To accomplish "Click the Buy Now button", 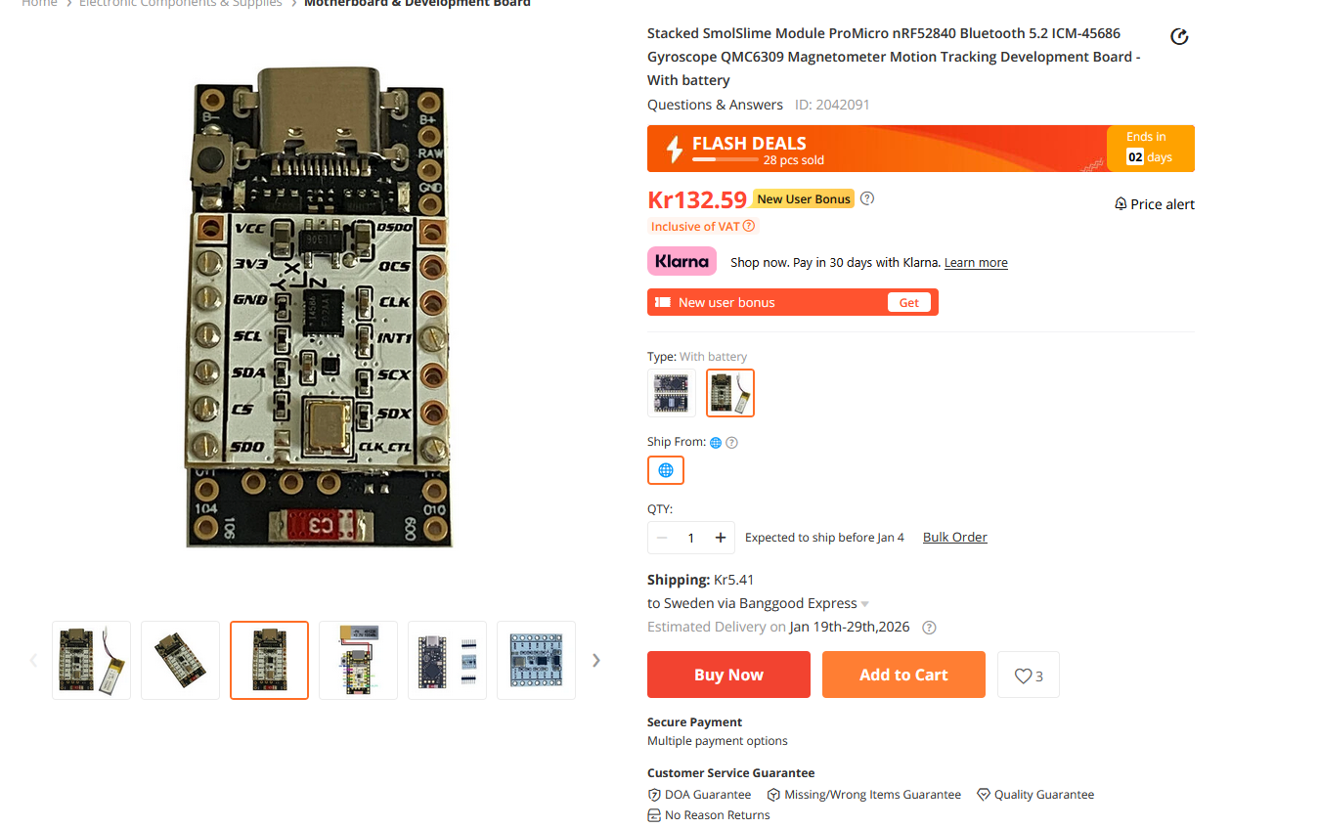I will (x=728, y=675).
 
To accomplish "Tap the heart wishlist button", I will (x=1028, y=675).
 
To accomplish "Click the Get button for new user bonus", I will (x=908, y=302).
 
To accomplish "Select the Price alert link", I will (x=1155, y=204).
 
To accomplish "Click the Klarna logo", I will (x=681, y=262).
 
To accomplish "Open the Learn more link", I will (x=976, y=263).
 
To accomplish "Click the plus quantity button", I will (x=721, y=538).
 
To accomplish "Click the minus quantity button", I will (x=662, y=538).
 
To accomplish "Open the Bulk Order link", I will (x=954, y=537).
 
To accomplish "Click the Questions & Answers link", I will (x=715, y=105).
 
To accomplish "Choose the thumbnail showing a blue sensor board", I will (x=536, y=660).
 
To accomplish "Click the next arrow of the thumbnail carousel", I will (x=596, y=660).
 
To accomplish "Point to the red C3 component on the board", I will (x=319, y=524).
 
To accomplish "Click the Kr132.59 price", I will (x=697, y=200).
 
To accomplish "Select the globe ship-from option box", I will (x=665, y=470).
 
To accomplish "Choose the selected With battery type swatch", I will (x=730, y=393).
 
